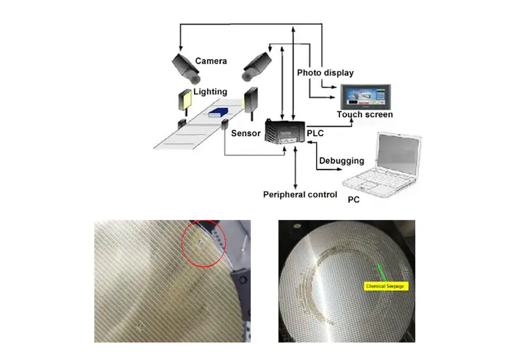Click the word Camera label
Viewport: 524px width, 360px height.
[212, 61]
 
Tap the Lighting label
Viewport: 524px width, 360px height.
[210, 92]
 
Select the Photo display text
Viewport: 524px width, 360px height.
[325, 72]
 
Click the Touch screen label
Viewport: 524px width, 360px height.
[365, 115]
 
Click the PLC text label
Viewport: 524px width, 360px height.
[315, 133]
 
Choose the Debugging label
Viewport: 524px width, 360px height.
[341, 161]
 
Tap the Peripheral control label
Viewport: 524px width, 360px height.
[300, 194]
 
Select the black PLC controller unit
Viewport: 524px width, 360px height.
[282, 132]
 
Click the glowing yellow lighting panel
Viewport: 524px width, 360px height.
[183, 100]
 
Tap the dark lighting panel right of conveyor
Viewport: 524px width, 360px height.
[252, 99]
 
